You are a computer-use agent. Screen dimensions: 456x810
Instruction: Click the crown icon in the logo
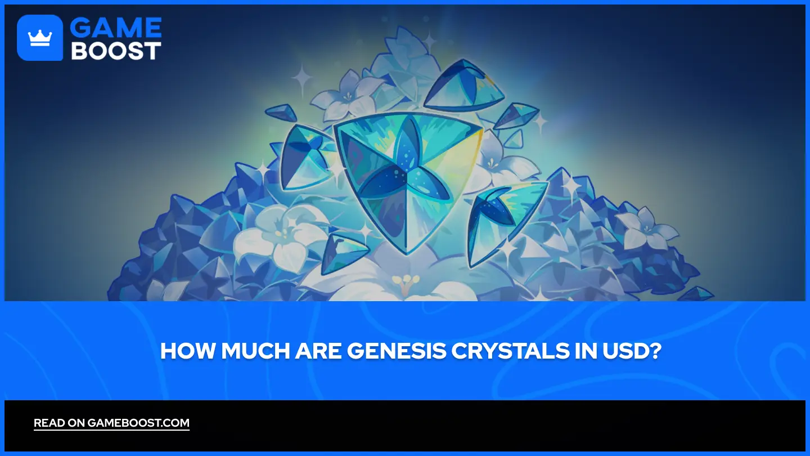(x=39, y=38)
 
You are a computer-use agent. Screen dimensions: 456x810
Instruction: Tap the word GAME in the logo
(x=116, y=28)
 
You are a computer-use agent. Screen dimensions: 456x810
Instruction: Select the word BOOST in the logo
(x=116, y=51)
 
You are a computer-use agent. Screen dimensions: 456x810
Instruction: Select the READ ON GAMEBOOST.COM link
(x=111, y=423)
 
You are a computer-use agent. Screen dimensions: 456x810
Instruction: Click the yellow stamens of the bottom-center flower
(x=403, y=280)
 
